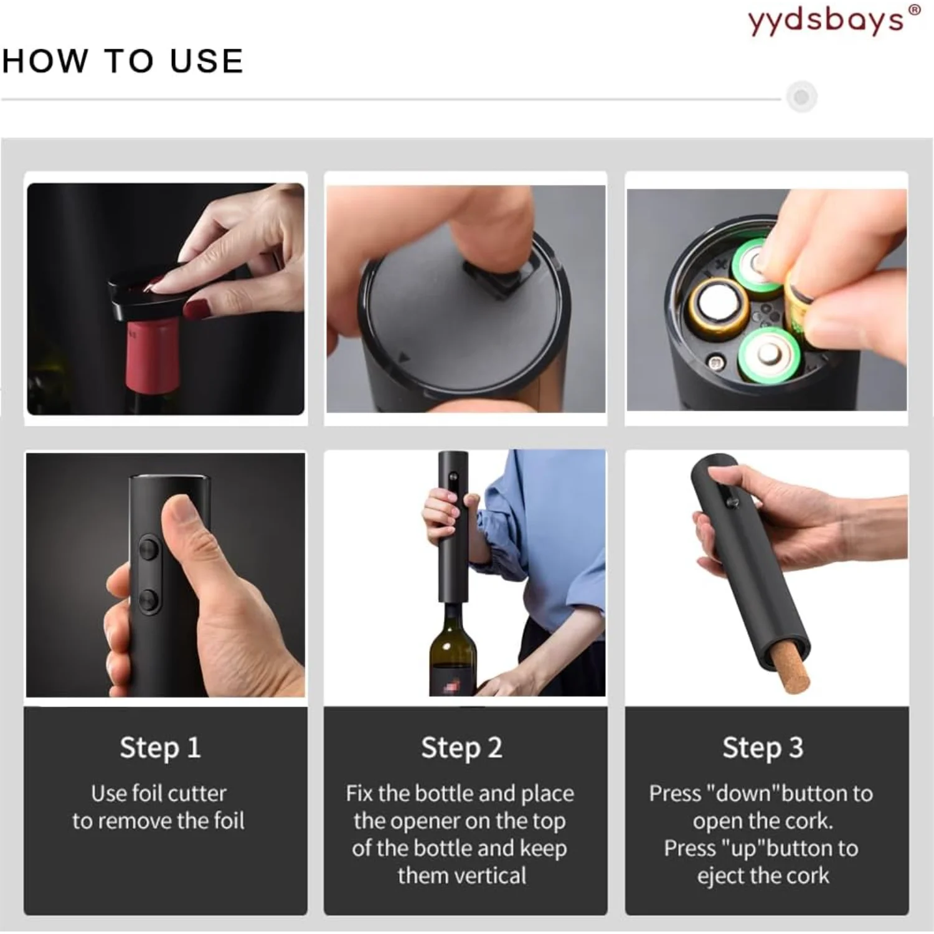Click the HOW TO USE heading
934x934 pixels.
123,61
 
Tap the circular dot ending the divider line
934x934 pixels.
801,97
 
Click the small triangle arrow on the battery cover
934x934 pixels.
404,358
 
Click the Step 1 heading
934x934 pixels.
160,748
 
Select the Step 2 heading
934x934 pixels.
461,748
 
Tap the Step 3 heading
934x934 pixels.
763,748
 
